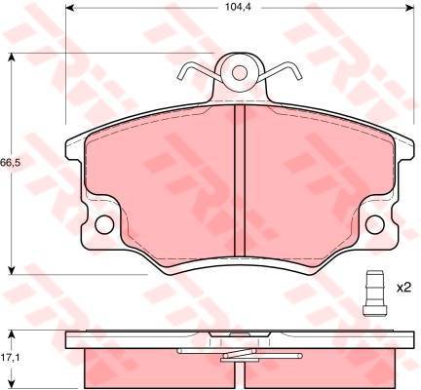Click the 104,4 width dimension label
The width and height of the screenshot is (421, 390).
point(239,7)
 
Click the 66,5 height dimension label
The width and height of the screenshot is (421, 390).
point(11,162)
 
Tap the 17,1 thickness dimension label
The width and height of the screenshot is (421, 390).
point(12,358)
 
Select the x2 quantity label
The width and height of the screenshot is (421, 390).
point(404,287)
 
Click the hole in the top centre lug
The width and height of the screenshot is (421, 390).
point(240,72)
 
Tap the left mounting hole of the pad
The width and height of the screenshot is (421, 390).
point(104,224)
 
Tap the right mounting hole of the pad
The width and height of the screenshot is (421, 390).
point(375,224)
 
